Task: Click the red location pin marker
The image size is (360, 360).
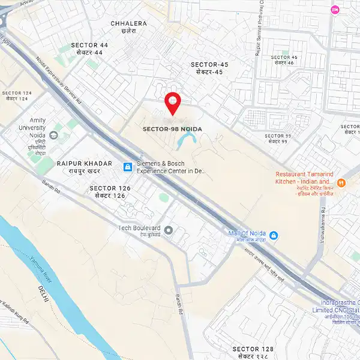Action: point(173,102)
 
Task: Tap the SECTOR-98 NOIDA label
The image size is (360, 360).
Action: point(172,129)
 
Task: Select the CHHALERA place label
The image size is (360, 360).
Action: point(128,23)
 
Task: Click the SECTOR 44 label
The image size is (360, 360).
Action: point(89,45)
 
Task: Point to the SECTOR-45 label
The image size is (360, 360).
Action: point(209,64)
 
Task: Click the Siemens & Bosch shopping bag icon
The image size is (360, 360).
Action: point(127,167)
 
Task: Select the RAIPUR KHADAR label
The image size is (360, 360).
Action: point(84,164)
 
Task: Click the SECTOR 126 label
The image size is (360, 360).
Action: point(110,188)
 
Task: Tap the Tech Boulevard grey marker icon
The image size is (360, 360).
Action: point(169,230)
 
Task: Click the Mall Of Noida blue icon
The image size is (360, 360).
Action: point(274,235)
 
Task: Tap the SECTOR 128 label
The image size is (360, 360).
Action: point(253,349)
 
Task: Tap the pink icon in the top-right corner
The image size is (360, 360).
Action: point(335,10)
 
